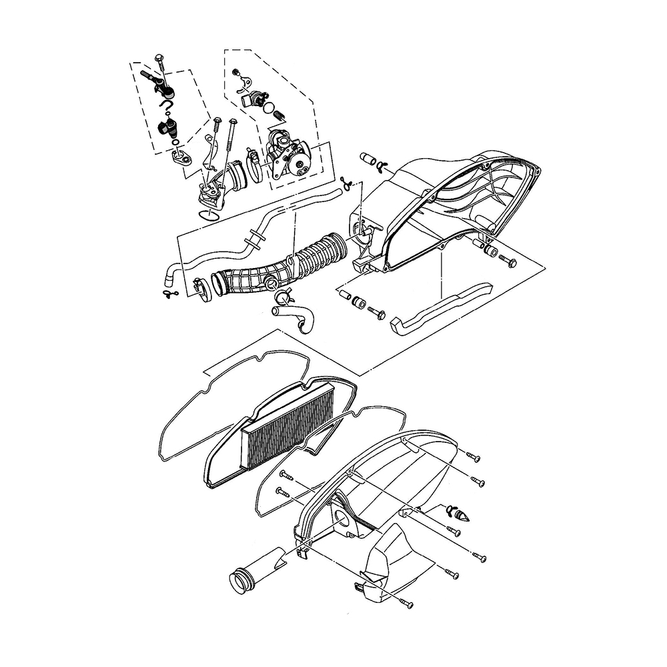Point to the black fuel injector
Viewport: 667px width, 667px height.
pos(167,127)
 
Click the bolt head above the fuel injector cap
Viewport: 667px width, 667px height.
pos(159,58)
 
